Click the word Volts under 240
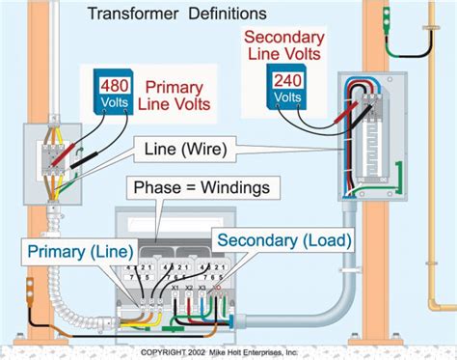click(285, 98)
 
